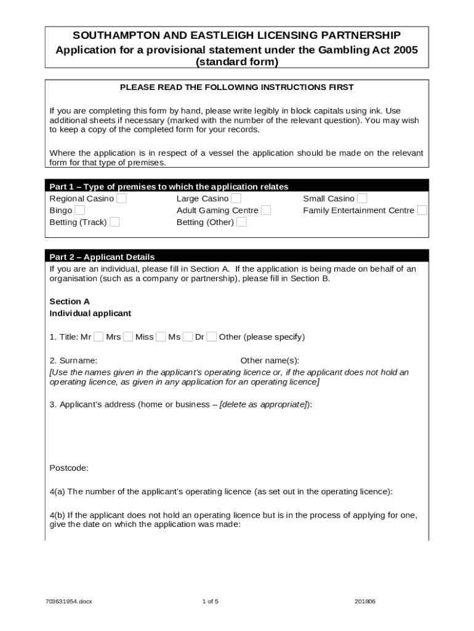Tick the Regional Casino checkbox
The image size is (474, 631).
(x=122, y=198)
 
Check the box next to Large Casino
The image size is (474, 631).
(x=236, y=198)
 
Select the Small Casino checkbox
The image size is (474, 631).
(x=362, y=198)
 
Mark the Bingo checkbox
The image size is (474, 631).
(x=79, y=210)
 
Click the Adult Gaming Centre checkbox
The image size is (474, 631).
(x=266, y=210)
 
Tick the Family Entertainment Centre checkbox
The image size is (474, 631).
(x=422, y=210)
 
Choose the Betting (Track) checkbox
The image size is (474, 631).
(x=114, y=222)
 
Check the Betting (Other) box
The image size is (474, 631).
(x=241, y=222)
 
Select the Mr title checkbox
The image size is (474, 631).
(x=98, y=336)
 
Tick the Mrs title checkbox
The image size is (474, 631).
(x=128, y=336)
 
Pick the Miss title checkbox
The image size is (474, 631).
(x=161, y=336)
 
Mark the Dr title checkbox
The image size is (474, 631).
(x=211, y=336)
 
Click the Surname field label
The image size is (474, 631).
(x=73, y=360)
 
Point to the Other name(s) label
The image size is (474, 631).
(x=270, y=360)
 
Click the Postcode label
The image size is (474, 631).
(x=68, y=468)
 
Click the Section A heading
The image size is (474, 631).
(x=70, y=301)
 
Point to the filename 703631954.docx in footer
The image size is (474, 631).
(x=68, y=601)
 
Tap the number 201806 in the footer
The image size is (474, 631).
(x=365, y=601)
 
